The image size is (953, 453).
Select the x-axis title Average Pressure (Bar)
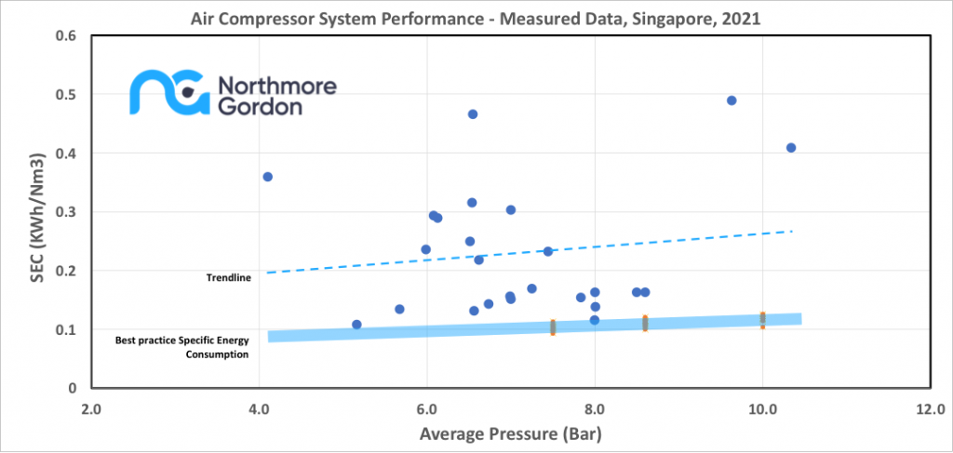pyautogui.click(x=509, y=433)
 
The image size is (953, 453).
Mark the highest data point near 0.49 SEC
pyautogui.click(x=732, y=100)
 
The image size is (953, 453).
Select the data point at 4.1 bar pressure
pyautogui.click(x=268, y=177)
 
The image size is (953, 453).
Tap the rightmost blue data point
pyautogui.click(x=791, y=148)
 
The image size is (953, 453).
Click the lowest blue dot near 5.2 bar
pyautogui.click(x=356, y=325)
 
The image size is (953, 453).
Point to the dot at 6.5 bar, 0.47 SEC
pyautogui.click(x=473, y=114)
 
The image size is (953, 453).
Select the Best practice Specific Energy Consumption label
pyautogui.click(x=182, y=347)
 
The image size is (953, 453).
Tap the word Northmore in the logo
pyautogui.click(x=276, y=87)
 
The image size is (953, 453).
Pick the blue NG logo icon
pyautogui.click(x=168, y=94)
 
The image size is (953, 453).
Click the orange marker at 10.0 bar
pyautogui.click(x=762, y=320)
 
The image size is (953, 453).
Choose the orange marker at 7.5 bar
pyautogui.click(x=553, y=327)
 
